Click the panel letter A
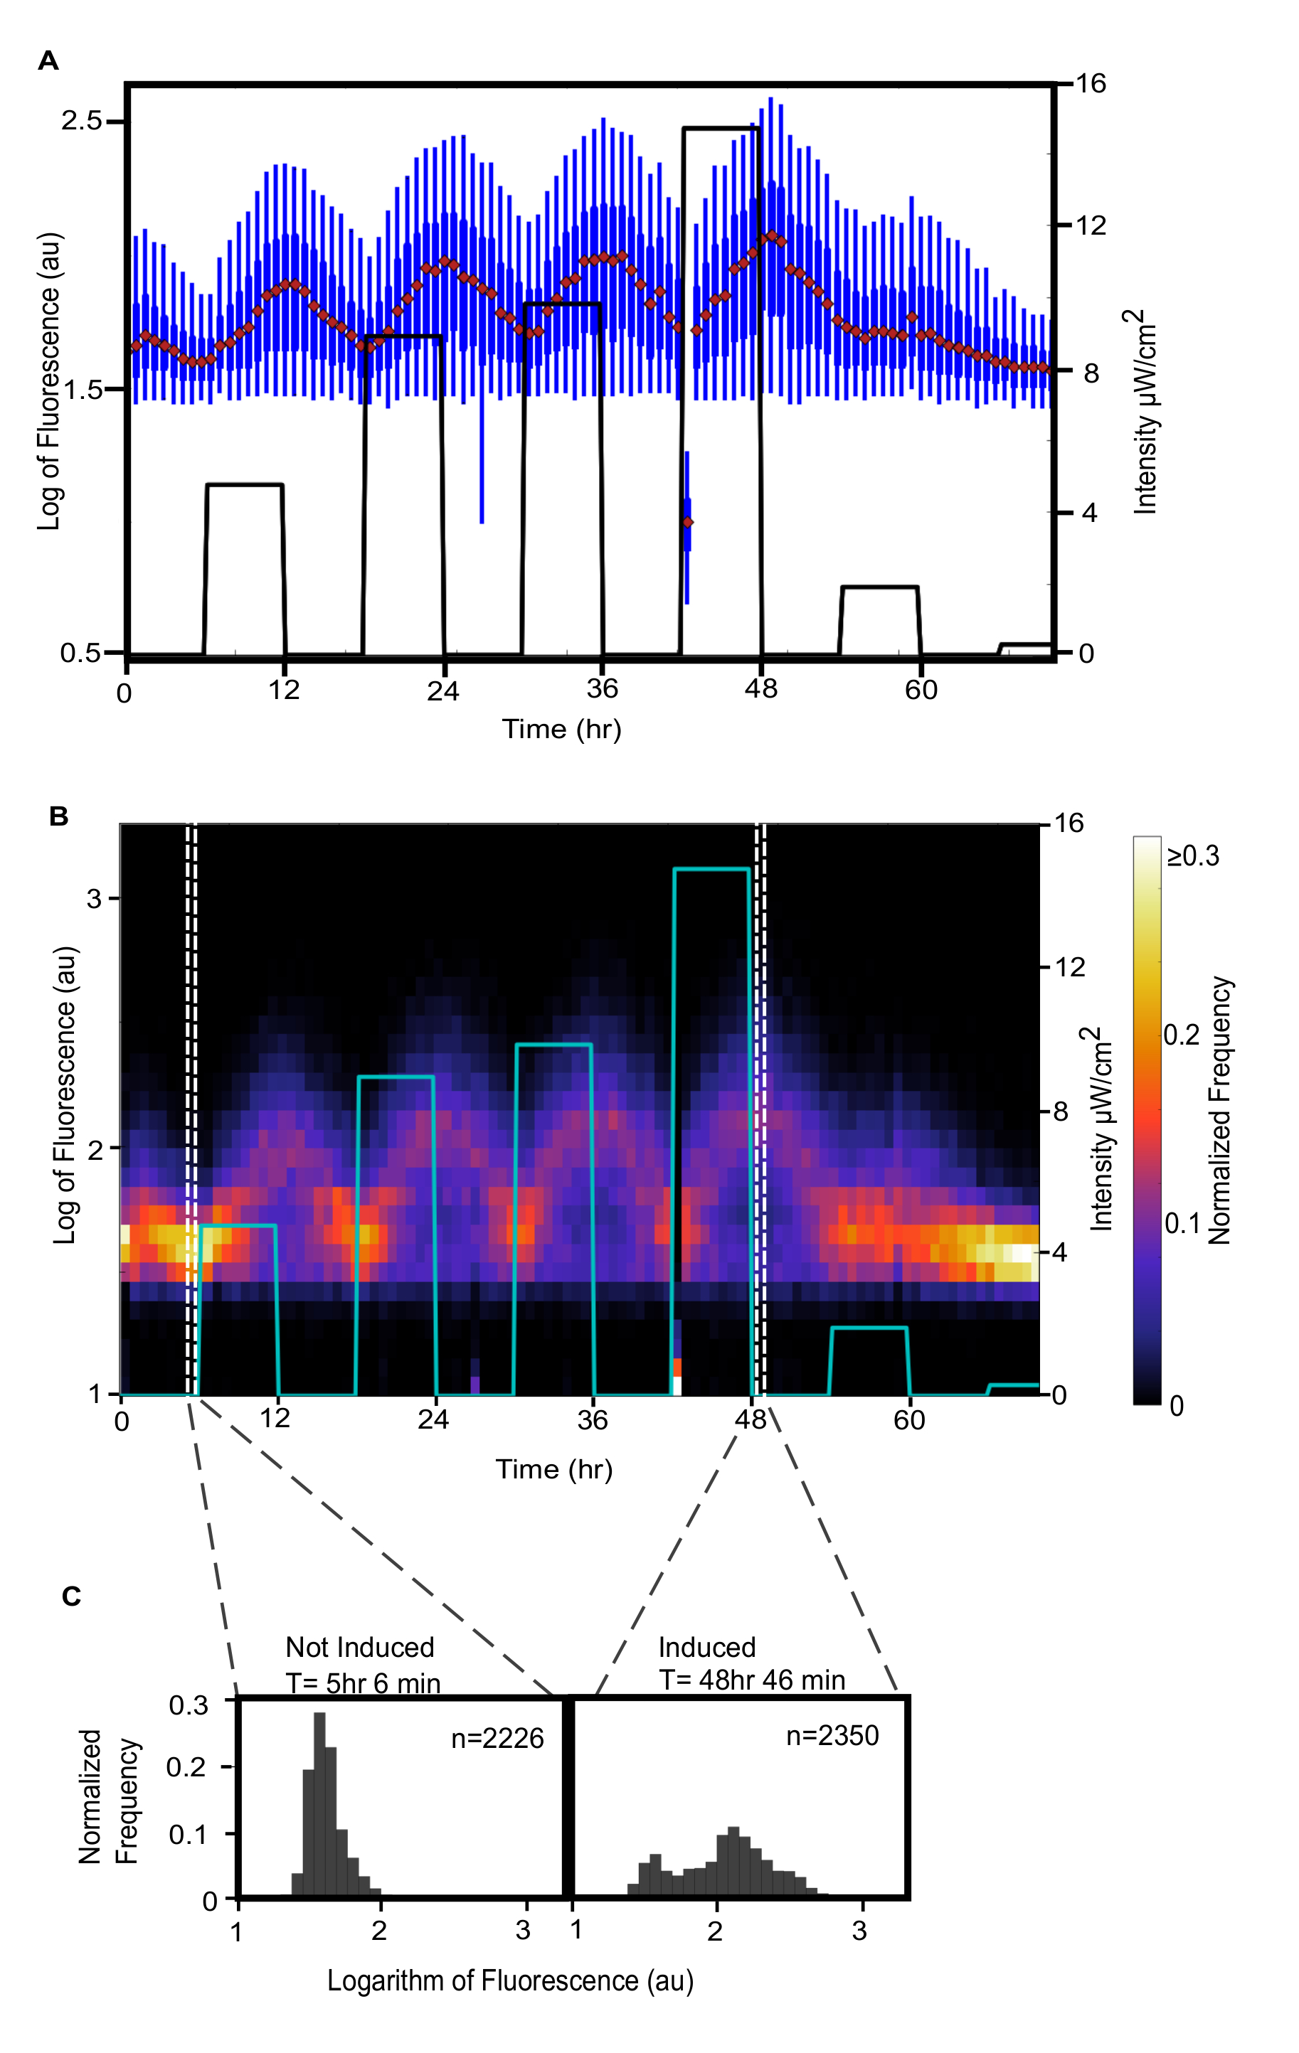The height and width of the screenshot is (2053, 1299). pyautogui.click(x=48, y=61)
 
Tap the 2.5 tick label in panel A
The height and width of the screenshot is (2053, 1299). pyautogui.click(x=81, y=121)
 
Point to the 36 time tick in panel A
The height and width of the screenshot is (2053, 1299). pyautogui.click(x=602, y=689)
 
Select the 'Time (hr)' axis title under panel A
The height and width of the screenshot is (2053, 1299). pyautogui.click(x=561, y=729)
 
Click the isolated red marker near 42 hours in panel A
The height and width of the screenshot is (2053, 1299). pyautogui.click(x=687, y=522)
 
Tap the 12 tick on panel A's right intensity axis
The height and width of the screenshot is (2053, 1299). pyautogui.click(x=1090, y=226)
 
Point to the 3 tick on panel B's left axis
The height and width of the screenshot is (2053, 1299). pyautogui.click(x=94, y=899)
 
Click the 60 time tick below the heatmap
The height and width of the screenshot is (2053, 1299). pyautogui.click(x=909, y=1419)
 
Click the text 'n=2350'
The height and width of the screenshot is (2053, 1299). pyautogui.click(x=832, y=1735)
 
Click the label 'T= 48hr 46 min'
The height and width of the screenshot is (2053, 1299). pyautogui.click(x=752, y=1680)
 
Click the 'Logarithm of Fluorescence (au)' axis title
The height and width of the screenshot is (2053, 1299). pyautogui.click(x=510, y=1980)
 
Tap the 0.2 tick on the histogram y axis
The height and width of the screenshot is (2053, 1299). pyautogui.click(x=186, y=1767)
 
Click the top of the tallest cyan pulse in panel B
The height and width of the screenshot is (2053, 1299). pyautogui.click(x=711, y=869)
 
